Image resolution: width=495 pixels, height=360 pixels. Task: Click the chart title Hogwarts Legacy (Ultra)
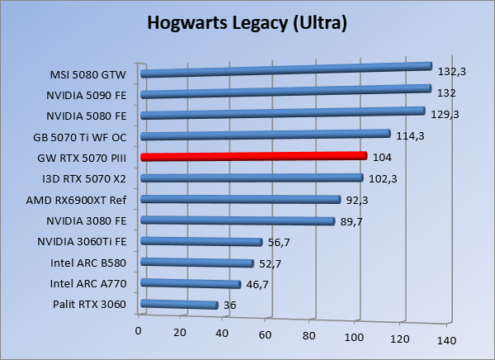pos(247,23)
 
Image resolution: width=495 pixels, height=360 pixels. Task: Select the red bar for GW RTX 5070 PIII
pos(253,156)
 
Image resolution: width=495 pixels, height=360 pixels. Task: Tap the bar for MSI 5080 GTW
pos(286,70)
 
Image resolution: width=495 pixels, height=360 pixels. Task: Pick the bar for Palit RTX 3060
pos(180,305)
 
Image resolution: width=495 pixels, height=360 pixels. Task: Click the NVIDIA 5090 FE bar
pos(286,92)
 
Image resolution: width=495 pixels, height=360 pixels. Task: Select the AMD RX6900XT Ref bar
pos(241,199)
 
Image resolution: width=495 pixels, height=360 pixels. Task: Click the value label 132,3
pos(452,72)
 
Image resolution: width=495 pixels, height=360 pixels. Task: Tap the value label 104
pos(382,157)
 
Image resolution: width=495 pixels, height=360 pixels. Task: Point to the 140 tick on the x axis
pos(446,340)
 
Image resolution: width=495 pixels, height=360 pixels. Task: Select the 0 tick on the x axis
pos(139,331)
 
